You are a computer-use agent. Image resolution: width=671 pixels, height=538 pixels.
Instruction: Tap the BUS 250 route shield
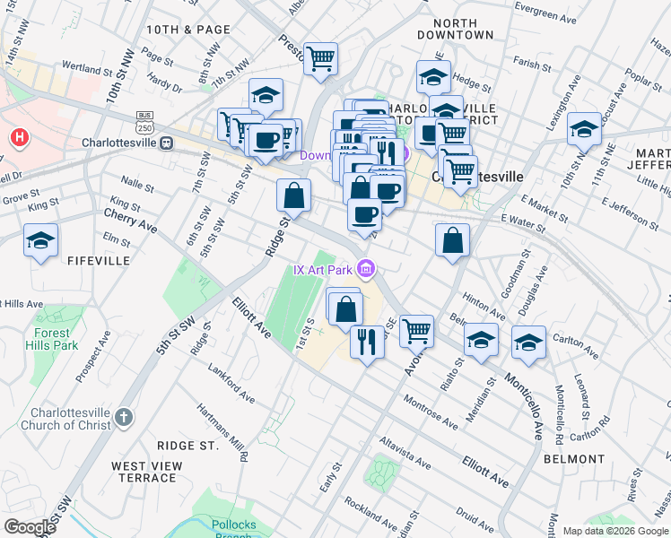(x=144, y=120)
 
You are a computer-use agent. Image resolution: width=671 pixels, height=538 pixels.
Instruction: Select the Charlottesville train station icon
(x=166, y=143)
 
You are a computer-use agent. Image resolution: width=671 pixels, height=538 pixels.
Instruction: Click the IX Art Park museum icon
(x=365, y=268)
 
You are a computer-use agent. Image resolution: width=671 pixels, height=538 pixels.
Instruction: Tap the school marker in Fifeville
(x=41, y=241)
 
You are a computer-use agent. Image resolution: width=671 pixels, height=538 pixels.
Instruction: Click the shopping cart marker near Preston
(x=320, y=59)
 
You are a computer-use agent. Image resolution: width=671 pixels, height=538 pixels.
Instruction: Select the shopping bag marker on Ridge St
(x=293, y=195)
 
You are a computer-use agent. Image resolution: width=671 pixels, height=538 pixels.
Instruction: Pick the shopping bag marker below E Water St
(x=453, y=239)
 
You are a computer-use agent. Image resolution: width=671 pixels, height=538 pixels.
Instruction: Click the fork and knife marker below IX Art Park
(x=367, y=343)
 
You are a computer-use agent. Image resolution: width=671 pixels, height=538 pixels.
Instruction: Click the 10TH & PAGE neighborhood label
(x=182, y=30)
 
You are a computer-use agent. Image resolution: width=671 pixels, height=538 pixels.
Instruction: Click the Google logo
(x=30, y=526)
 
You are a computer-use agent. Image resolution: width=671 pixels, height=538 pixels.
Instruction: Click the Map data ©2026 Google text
(x=614, y=531)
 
